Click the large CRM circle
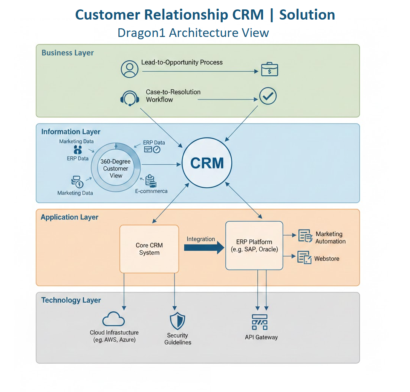tap(207, 163)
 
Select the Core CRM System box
tap(149, 249)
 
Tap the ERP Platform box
tap(254, 245)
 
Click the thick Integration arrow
tap(204, 248)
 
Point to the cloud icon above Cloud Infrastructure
tap(113, 319)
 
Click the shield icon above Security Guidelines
tap(177, 321)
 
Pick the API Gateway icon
tap(260, 322)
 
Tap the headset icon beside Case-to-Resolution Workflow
tap(129, 98)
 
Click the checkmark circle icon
tap(268, 96)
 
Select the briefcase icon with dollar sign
tap(269, 70)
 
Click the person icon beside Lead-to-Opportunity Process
tap(130, 69)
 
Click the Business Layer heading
tap(67, 53)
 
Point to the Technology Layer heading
tap(71, 300)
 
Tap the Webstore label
tap(327, 259)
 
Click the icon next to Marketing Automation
tap(305, 236)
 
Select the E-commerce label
tap(151, 191)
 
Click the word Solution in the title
tap(307, 15)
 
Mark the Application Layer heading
tap(69, 217)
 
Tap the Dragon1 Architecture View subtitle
tap(193, 33)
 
